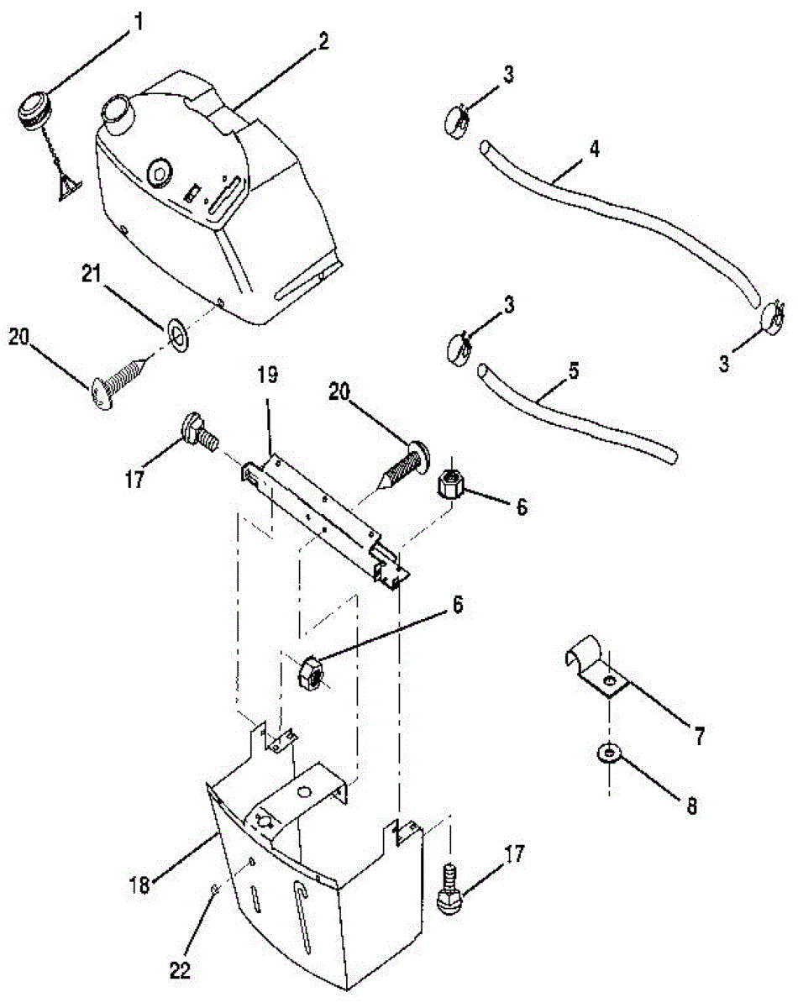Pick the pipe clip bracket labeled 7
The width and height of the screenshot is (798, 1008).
(x=591, y=667)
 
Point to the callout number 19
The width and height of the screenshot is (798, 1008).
(x=266, y=379)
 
